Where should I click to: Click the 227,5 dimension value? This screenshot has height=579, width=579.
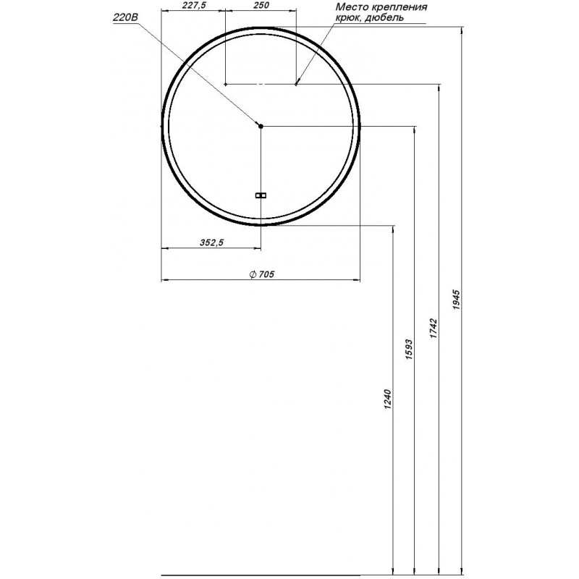[x=194, y=5]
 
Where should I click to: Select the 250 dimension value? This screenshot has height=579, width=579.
[x=261, y=5]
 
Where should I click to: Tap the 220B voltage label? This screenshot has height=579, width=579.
[x=125, y=17]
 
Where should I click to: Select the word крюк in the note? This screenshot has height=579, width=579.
[x=348, y=17]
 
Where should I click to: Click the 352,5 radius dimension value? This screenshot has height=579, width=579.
[x=211, y=242]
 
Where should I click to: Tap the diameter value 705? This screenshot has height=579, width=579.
[x=266, y=274]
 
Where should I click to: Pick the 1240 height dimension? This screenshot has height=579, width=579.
[x=387, y=399]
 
